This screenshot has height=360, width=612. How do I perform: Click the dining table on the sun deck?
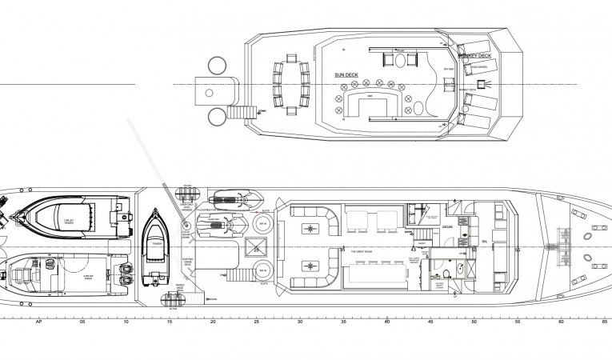click(x=290, y=79)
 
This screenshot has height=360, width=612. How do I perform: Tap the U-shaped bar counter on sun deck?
click(x=370, y=104)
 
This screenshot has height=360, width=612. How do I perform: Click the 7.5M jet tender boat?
click(x=68, y=214)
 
